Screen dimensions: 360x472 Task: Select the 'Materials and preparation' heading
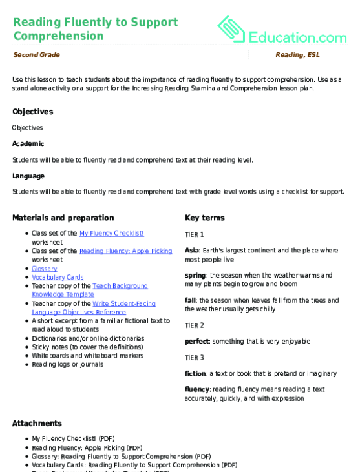coord(63,218)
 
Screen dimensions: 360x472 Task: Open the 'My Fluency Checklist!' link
coord(111,233)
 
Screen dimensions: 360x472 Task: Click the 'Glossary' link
coord(45,268)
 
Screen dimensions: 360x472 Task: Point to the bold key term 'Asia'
coord(191,250)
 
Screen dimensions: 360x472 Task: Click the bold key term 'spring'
coord(195,274)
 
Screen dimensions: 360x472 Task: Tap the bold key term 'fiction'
coord(195,373)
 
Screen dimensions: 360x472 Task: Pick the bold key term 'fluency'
coord(197,389)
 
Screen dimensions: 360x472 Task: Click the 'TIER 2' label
coord(194,325)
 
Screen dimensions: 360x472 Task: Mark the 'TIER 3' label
coord(194,357)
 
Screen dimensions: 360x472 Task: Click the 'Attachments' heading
coord(37,423)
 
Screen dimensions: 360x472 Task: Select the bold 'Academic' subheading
coord(28,143)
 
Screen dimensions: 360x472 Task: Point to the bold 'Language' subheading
coord(28,176)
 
